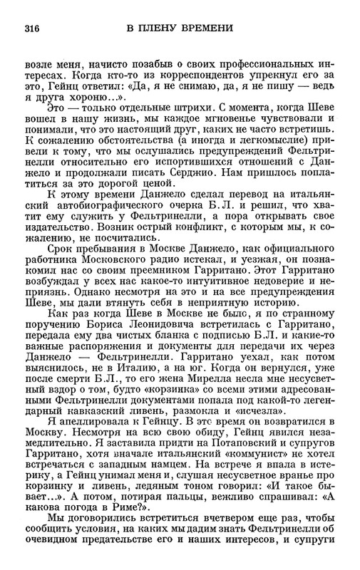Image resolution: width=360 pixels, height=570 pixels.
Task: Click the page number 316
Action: click(x=31, y=28)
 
